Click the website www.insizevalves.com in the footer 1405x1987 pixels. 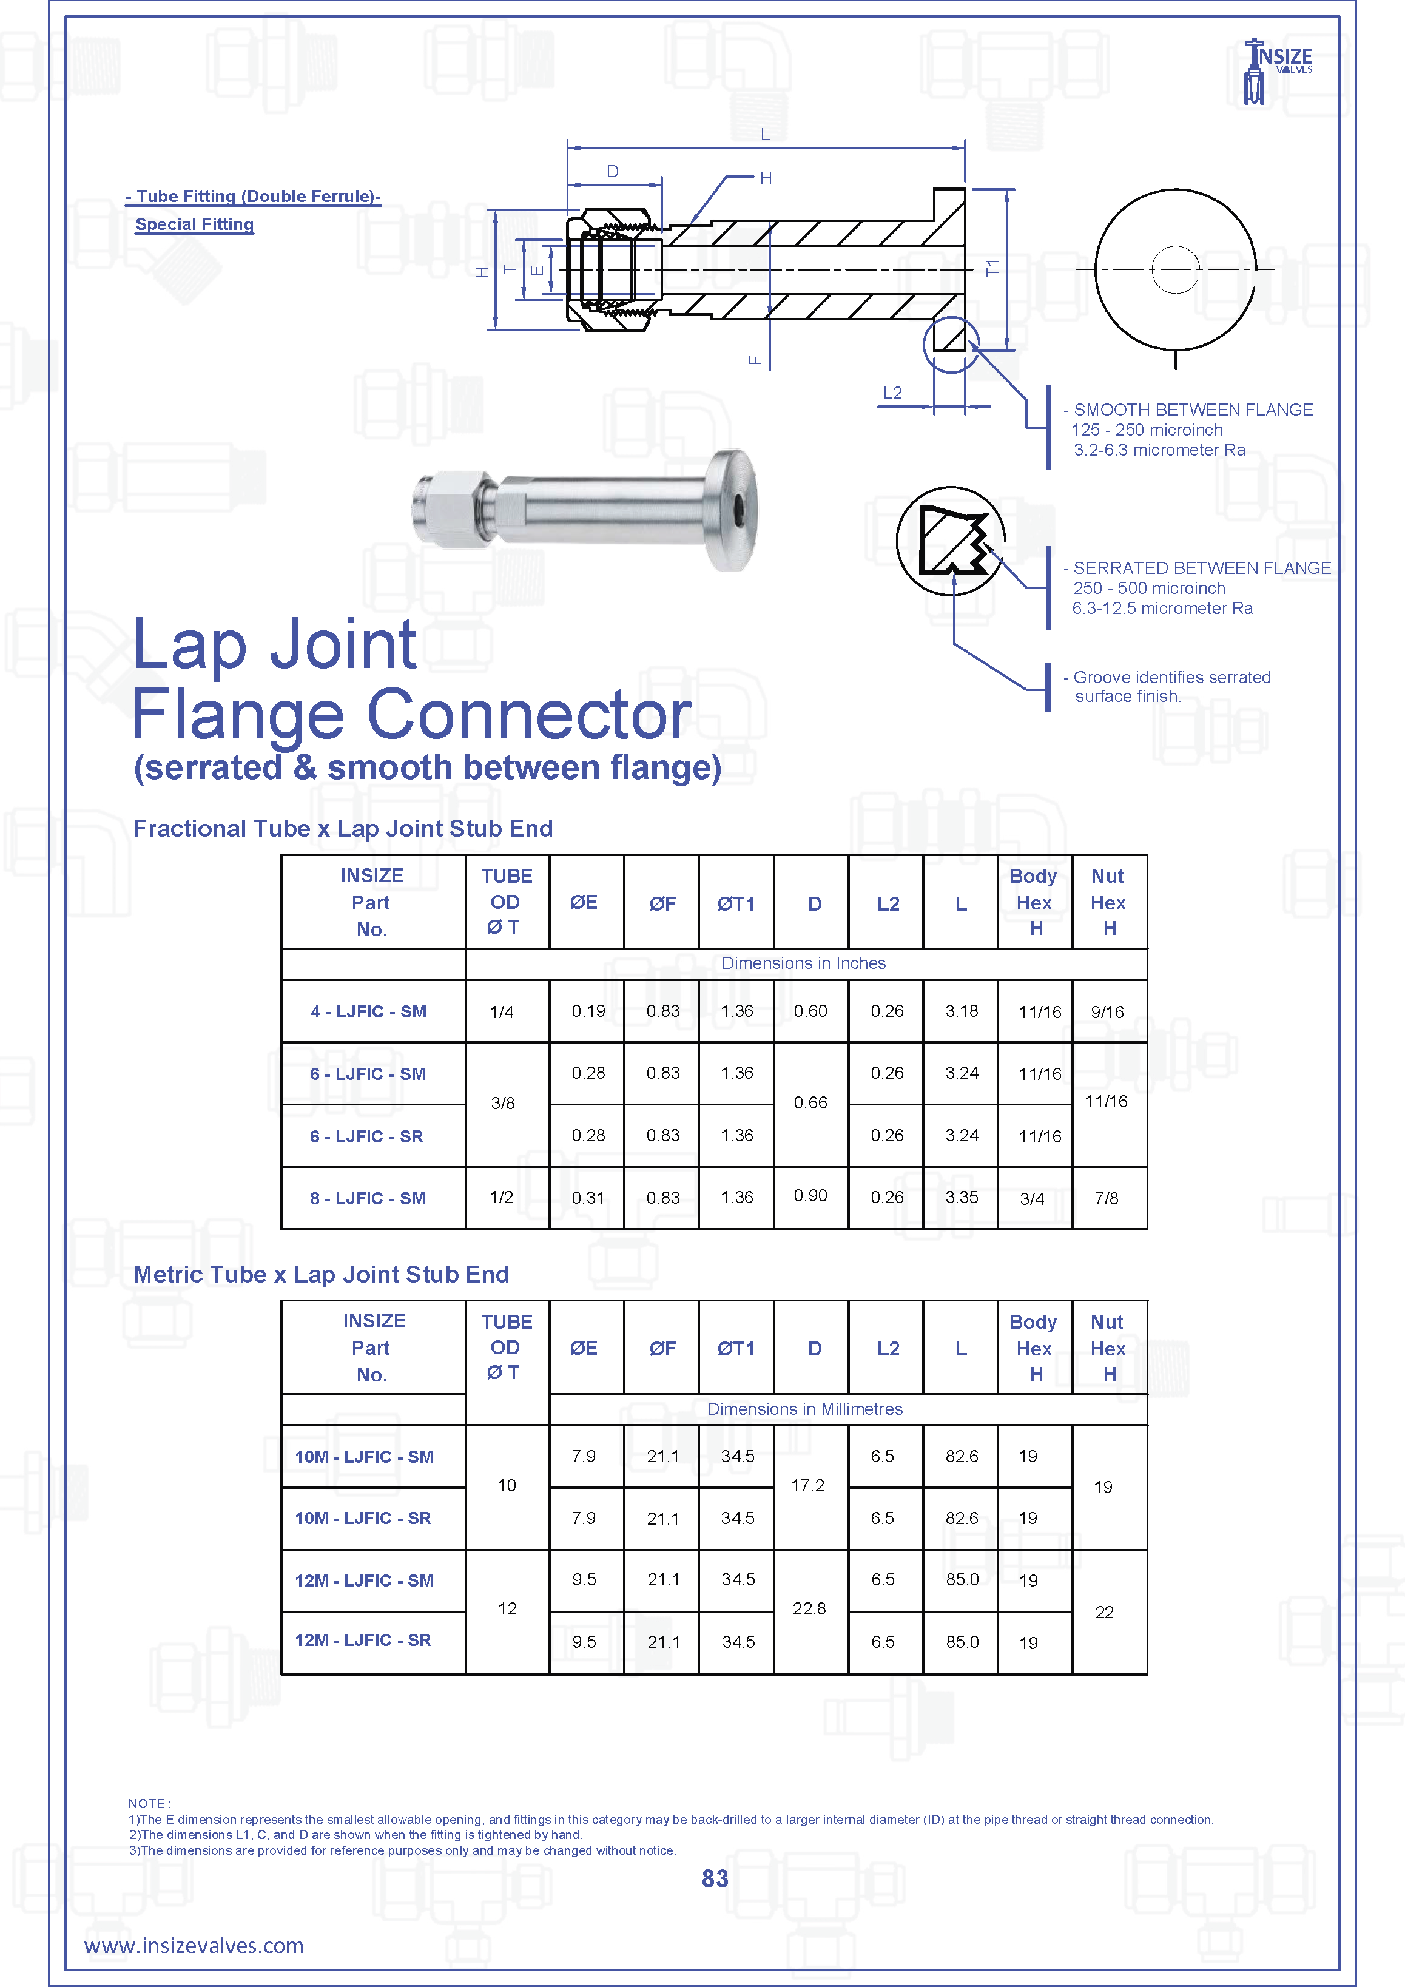pyautogui.click(x=194, y=1946)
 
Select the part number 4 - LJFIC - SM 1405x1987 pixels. pyautogui.click(x=369, y=1011)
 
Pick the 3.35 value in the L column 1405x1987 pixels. pyautogui.click(x=961, y=1197)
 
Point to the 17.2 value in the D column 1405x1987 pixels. pyautogui.click(x=807, y=1485)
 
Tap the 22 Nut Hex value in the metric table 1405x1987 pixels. pyautogui.click(x=1104, y=1611)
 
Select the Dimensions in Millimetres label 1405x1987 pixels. pyautogui.click(x=804, y=1409)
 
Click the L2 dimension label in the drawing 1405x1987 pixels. pyautogui.click(x=892, y=393)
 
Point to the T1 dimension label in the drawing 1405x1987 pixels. pyautogui.click(x=992, y=268)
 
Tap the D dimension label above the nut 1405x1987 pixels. pyautogui.click(x=613, y=171)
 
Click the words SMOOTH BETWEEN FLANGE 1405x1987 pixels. pyautogui.click(x=1193, y=410)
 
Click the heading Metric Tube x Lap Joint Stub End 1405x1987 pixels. pyautogui.click(x=321, y=1274)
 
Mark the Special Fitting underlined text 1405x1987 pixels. pyautogui.click(x=195, y=224)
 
